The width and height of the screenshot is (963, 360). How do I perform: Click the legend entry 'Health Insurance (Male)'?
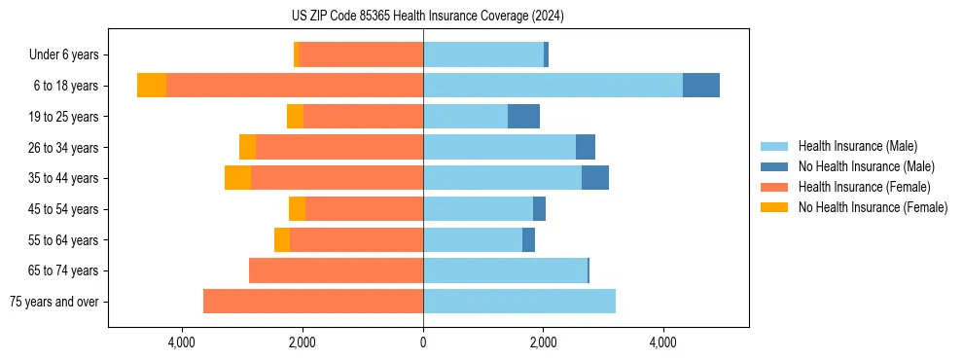tap(857, 146)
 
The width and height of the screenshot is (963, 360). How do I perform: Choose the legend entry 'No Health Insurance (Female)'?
tap(873, 207)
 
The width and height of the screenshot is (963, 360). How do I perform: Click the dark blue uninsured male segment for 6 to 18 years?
tap(700, 86)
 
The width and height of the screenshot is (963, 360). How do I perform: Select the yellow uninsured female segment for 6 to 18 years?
tap(152, 86)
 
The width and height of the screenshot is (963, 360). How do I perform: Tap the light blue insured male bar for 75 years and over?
tap(519, 302)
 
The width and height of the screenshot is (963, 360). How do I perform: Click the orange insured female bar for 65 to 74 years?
tap(336, 270)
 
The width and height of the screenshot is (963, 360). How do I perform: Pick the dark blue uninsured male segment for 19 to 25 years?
tap(523, 117)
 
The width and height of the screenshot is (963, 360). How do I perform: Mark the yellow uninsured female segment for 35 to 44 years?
tap(237, 178)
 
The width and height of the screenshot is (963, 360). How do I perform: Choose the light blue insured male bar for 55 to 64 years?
tap(473, 239)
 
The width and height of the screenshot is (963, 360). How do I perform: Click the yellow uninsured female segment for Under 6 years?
tap(297, 55)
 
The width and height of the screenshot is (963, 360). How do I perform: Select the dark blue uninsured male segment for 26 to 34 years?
tap(586, 147)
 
